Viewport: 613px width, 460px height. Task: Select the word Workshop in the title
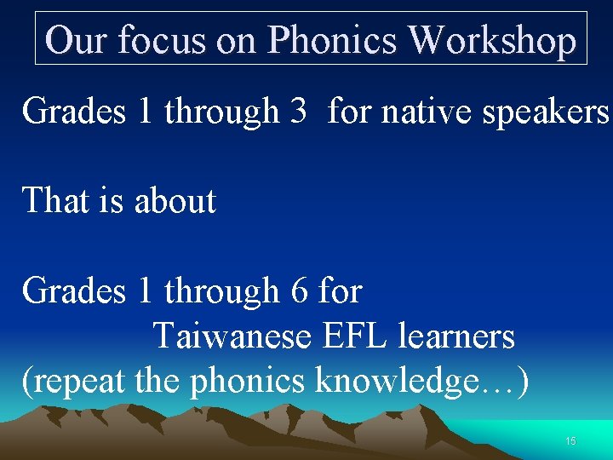pyautogui.click(x=492, y=40)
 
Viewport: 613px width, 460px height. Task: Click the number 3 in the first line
pyautogui.click(x=298, y=110)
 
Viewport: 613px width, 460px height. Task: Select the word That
pyautogui.click(x=56, y=201)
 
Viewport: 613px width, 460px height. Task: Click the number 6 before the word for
pyautogui.click(x=299, y=291)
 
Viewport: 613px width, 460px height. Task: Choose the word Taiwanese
pyautogui.click(x=232, y=337)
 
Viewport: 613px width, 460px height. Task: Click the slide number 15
pyautogui.click(x=570, y=441)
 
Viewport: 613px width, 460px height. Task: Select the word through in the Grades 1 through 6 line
pyautogui.click(x=222, y=291)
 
